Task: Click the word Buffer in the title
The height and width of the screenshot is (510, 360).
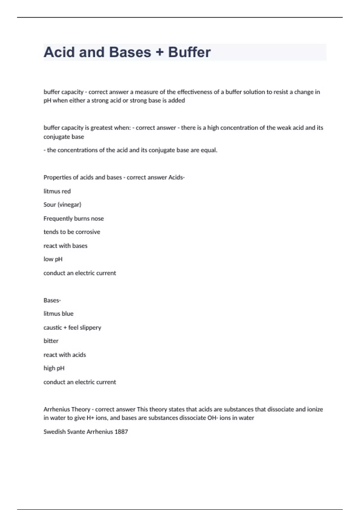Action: [x=189, y=52]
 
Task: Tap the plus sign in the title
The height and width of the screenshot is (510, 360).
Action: [x=160, y=52]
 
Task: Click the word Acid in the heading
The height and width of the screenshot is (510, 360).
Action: [x=59, y=52]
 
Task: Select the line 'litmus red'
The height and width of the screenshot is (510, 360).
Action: [x=57, y=191]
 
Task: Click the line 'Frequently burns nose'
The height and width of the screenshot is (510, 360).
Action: [x=73, y=218]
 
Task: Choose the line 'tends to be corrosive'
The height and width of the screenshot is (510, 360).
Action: [x=72, y=232]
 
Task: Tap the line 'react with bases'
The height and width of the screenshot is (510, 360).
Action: [x=65, y=246]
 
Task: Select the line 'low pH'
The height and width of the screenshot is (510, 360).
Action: [x=53, y=259]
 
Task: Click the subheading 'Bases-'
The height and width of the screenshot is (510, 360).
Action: [x=52, y=300]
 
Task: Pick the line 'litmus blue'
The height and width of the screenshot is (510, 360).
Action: [x=58, y=314]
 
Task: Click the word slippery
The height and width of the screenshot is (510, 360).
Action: [x=90, y=328]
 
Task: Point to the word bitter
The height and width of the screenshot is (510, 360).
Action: [x=51, y=341]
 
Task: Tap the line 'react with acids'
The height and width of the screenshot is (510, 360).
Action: [x=64, y=355]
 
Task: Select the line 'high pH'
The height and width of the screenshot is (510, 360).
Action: [x=54, y=368]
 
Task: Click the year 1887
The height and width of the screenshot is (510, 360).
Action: [x=121, y=432]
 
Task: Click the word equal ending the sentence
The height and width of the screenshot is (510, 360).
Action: [x=209, y=150]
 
